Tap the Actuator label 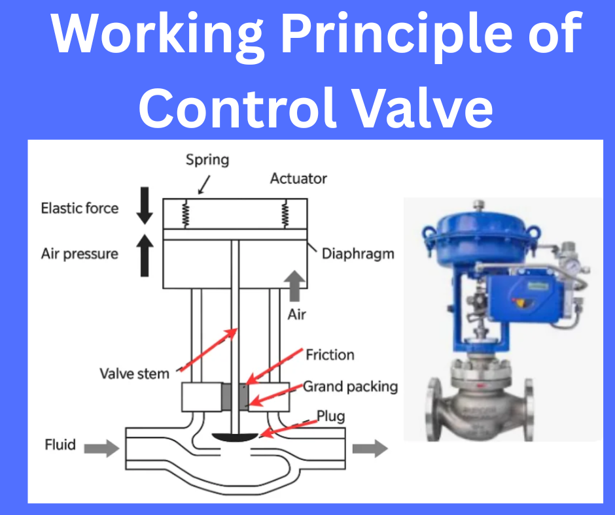tap(298, 178)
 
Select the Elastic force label tap(80, 208)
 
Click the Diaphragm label tap(358, 253)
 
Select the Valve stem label tap(134, 374)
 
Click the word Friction tap(330, 355)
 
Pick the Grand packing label tap(350, 386)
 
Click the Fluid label tap(60, 446)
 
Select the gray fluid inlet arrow tap(101, 448)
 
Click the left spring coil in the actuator tap(186, 212)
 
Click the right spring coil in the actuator tap(285, 212)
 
